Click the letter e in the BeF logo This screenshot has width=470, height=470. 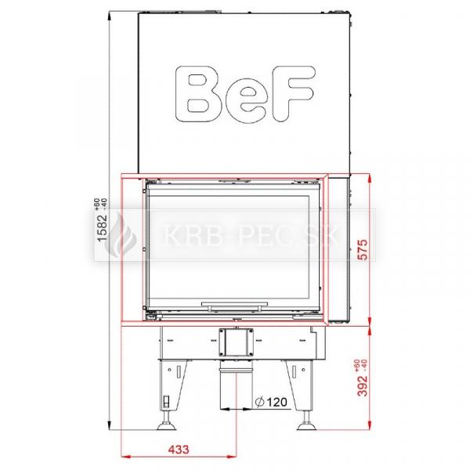(246, 99)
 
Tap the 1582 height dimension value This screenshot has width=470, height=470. (102, 227)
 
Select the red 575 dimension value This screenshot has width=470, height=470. (363, 249)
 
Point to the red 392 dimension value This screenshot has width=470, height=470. (363, 385)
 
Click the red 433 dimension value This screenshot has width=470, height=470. (179, 450)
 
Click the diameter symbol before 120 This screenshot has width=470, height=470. (259, 403)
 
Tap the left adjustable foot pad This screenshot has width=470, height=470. (166, 426)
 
